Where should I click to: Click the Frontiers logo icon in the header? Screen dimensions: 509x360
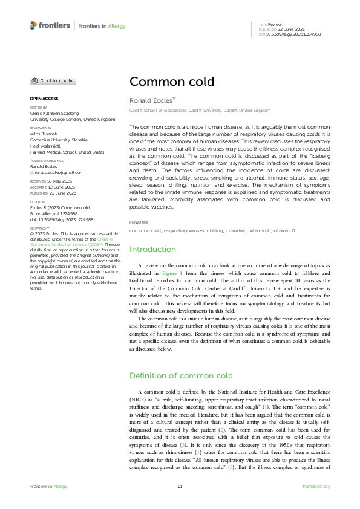(33, 25)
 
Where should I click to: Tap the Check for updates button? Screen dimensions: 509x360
(54, 80)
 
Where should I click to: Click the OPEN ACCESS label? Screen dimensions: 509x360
(44, 99)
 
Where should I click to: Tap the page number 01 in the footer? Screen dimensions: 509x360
(180, 487)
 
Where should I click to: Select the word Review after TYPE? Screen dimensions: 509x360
(275, 24)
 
